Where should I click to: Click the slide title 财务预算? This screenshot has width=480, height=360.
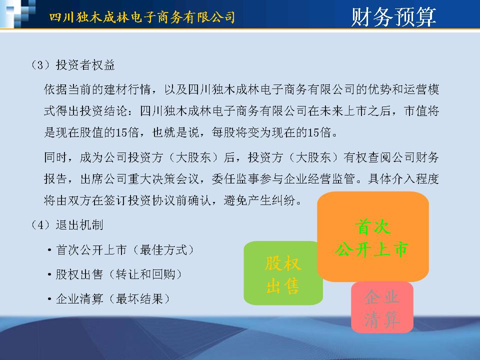393,17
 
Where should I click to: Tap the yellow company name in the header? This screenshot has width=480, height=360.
142,17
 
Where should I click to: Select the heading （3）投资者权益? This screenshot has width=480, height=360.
73,65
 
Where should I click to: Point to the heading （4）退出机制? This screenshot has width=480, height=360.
67,225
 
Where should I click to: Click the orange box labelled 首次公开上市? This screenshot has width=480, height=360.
373,236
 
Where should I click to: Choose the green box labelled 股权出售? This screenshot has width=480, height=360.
283,273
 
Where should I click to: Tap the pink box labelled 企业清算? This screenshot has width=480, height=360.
382,307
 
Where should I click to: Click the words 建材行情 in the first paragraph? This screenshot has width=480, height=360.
128,89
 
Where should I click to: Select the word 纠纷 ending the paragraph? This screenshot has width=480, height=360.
283,200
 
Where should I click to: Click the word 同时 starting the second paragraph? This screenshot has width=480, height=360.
55,157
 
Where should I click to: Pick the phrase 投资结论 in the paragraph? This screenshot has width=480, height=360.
104,111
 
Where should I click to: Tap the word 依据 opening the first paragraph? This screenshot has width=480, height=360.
55,89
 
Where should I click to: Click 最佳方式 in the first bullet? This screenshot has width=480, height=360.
164,250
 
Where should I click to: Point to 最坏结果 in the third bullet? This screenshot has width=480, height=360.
140,299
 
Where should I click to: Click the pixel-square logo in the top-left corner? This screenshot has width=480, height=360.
18,14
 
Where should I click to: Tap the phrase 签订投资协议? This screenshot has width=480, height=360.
140,200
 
